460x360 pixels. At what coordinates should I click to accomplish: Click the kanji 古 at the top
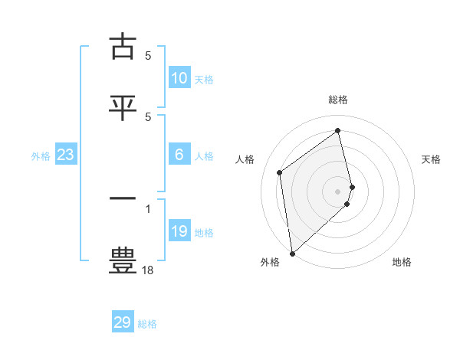tap(123, 47)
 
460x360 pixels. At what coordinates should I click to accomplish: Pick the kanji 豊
tap(123, 260)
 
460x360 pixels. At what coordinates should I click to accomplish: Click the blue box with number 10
tap(179, 78)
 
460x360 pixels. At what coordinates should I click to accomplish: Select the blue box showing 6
tap(179, 155)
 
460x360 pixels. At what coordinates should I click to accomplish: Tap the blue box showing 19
tap(179, 231)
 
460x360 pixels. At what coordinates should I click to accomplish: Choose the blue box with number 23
tap(66, 155)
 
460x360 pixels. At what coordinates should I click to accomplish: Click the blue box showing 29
tap(123, 322)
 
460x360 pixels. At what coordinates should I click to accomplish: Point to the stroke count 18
tap(148, 270)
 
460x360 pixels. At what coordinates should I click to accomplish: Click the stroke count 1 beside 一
tap(148, 208)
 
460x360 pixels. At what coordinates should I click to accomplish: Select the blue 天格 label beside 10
tap(204, 80)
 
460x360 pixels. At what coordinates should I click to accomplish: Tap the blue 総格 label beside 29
tap(147, 324)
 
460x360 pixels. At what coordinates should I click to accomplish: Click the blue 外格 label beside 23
tap(41, 156)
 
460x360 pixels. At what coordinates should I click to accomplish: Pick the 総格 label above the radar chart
tap(338, 100)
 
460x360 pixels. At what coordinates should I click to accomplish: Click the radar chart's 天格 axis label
tap(432, 159)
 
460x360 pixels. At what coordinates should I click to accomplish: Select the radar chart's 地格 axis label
tap(402, 262)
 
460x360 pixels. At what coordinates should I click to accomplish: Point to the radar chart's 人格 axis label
tap(245, 159)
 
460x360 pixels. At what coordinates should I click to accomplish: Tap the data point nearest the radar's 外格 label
tap(291, 253)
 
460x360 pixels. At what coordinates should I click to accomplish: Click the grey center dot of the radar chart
tap(338, 190)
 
